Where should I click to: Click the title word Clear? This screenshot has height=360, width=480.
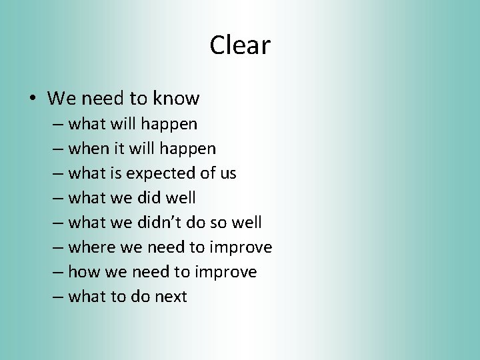(240, 45)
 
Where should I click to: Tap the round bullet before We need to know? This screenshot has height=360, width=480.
(32, 99)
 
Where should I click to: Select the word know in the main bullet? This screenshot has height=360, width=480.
(176, 99)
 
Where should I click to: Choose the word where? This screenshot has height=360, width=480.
(92, 247)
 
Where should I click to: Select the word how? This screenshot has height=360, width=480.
(83, 272)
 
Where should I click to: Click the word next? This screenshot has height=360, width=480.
(171, 297)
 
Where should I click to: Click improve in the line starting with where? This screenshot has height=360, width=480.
(241, 248)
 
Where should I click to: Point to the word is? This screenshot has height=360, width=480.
(115, 173)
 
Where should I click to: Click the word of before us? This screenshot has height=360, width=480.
(207, 173)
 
